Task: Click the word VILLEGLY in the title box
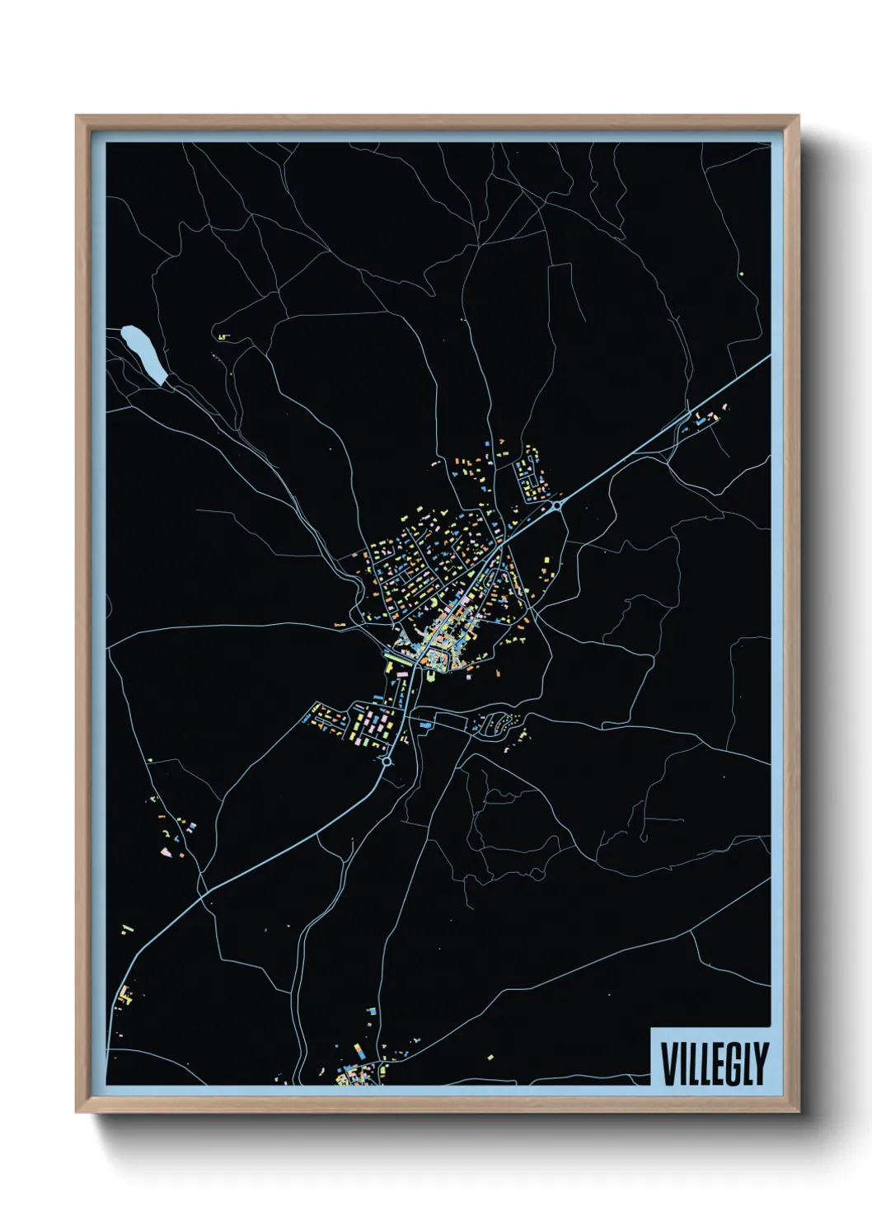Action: (714, 1063)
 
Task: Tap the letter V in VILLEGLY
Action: (668, 1063)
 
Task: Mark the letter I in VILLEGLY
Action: (682, 1063)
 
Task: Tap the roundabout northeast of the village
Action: (557, 505)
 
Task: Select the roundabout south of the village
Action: (387, 762)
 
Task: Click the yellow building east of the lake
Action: (222, 336)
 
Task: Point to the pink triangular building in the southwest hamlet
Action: (165, 850)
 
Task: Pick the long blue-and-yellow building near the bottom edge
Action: (359, 1051)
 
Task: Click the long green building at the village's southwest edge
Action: (388, 665)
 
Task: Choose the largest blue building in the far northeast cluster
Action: (701, 422)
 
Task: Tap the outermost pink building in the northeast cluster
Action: (725, 406)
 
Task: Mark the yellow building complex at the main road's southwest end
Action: (125, 996)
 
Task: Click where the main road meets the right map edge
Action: (769, 356)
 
